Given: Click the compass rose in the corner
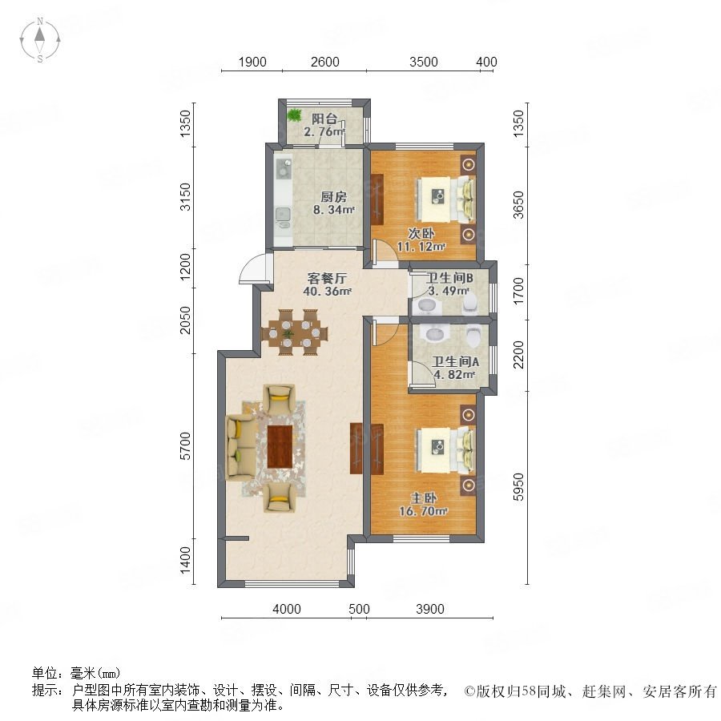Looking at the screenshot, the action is pyautogui.click(x=40, y=39).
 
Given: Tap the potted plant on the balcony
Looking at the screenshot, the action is pyautogui.click(x=294, y=115).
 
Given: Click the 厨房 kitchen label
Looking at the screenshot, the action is pyautogui.click(x=333, y=197).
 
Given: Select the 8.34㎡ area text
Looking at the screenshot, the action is pyautogui.click(x=333, y=210).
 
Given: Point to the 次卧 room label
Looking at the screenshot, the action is pyautogui.click(x=421, y=233).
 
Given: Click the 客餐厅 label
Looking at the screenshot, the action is pyautogui.click(x=327, y=278).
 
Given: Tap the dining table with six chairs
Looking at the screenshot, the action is pyautogui.click(x=294, y=332).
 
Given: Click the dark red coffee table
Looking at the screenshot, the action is pyautogui.click(x=280, y=446).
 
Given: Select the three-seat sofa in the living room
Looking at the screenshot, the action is pyautogui.click(x=240, y=446).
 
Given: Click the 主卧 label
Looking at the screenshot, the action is pyautogui.click(x=424, y=498).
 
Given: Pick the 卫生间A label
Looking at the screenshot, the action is pyautogui.click(x=455, y=361).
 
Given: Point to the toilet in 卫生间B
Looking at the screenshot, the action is pyautogui.click(x=470, y=304).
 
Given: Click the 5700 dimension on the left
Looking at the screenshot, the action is pyautogui.click(x=185, y=446).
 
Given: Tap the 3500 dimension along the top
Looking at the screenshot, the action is pyautogui.click(x=424, y=62).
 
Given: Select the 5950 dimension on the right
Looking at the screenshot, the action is pyautogui.click(x=518, y=487).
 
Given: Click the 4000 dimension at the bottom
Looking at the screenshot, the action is pyautogui.click(x=287, y=610).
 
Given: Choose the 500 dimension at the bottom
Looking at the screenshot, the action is pyautogui.click(x=359, y=610).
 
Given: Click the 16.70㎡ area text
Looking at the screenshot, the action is pyautogui.click(x=424, y=511).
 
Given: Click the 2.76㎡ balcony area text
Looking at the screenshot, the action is pyautogui.click(x=324, y=131).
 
